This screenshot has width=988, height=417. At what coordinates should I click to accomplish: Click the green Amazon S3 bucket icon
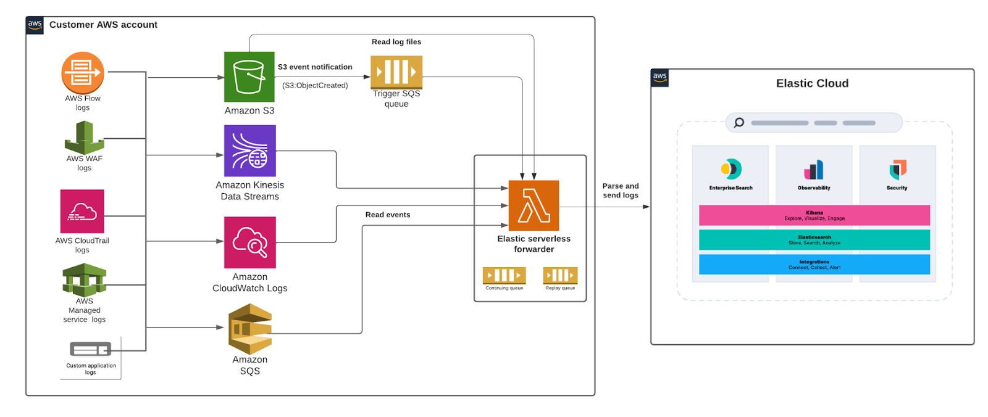tap(249, 76)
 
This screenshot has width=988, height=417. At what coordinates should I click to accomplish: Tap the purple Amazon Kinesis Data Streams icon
tap(249, 151)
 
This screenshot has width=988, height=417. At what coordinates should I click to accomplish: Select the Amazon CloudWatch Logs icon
tap(249, 242)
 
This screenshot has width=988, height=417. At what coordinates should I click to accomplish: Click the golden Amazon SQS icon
tap(249, 329)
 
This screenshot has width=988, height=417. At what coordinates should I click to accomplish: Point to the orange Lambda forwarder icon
tap(534, 205)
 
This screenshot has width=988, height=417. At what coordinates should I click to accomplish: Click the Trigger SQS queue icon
tap(396, 72)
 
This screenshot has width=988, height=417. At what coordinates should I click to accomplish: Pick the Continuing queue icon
tap(504, 275)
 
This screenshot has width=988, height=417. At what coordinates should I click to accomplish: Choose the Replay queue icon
tap(560, 275)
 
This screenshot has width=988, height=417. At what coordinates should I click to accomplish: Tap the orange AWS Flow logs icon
tap(82, 73)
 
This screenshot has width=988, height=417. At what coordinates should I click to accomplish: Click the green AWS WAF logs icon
tap(84, 138)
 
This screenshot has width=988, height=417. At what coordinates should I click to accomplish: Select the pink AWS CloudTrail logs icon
tap(82, 212)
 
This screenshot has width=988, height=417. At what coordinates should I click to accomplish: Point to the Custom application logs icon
tap(90, 350)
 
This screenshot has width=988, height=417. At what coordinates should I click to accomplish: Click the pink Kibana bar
tap(814, 215)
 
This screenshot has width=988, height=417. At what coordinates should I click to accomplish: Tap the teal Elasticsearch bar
tap(814, 240)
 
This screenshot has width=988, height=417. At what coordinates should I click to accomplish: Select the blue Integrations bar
tap(814, 265)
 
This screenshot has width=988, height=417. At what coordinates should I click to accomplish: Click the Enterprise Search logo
tap(731, 168)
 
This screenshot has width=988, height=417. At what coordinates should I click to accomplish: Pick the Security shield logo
tap(897, 169)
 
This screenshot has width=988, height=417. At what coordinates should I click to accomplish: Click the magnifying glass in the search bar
tap(739, 123)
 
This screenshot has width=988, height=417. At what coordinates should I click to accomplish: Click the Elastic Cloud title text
tap(812, 83)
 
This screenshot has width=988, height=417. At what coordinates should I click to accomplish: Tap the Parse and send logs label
tap(621, 191)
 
